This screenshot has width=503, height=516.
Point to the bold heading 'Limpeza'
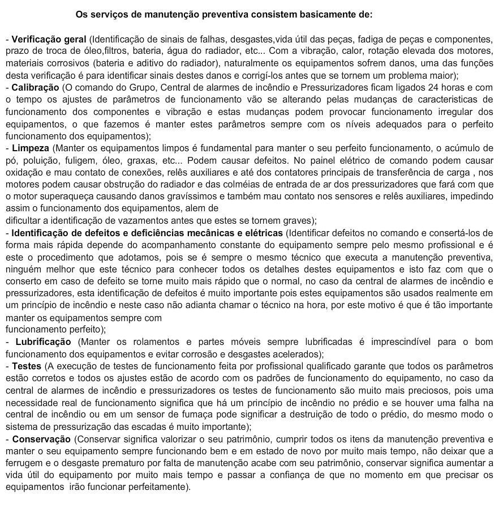click(x=30, y=148)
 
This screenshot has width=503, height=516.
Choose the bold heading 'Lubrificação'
click(x=43, y=342)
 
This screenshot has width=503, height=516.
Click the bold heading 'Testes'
click(x=26, y=366)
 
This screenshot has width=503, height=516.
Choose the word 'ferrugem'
click(x=25, y=463)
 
